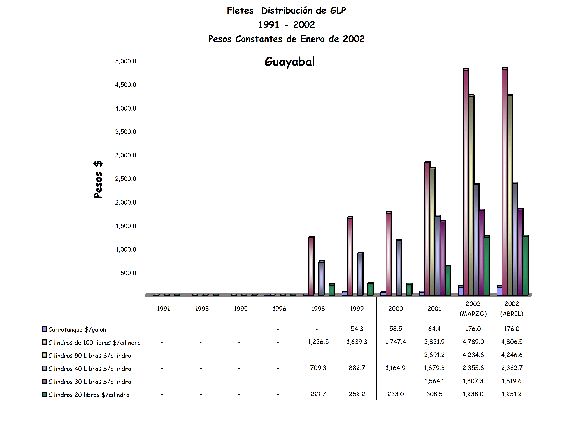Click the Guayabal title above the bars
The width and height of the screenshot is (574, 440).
[x=290, y=62]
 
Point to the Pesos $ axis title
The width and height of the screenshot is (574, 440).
[x=98, y=179]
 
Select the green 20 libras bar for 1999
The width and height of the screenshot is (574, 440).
[x=370, y=289]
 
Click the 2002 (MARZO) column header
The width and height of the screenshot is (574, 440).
[x=473, y=309]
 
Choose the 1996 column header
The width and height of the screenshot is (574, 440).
[x=279, y=309]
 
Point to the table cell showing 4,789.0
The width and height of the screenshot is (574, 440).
[x=473, y=342]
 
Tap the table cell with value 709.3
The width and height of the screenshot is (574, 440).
[x=318, y=368]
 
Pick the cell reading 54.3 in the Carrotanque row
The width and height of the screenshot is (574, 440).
[x=357, y=329]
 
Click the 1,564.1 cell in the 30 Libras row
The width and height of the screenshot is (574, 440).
[x=434, y=381]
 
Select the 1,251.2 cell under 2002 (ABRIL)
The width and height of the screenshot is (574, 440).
[x=512, y=394]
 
